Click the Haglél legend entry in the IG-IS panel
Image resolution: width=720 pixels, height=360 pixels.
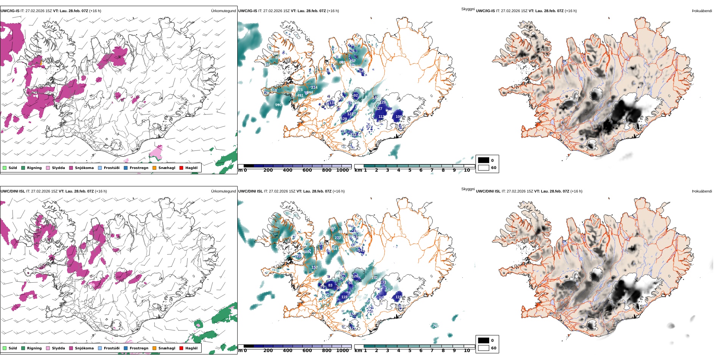pyautogui.click(x=191, y=168)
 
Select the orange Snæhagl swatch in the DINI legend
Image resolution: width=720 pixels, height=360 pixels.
pyautogui.click(x=154, y=348)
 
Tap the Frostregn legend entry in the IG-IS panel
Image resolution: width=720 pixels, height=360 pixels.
pyautogui.click(x=139, y=168)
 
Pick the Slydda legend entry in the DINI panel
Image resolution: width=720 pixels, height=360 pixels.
pyautogui.click(x=58, y=348)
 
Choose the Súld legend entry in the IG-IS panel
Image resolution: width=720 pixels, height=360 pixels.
pyautogui.click(x=13, y=168)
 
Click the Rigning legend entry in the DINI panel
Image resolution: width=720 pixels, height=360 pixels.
pyautogui.click(x=34, y=348)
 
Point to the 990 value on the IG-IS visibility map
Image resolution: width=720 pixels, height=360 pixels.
pyautogui.click(x=278, y=105)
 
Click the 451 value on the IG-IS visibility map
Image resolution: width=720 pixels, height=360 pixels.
pyautogui.click(x=300, y=95)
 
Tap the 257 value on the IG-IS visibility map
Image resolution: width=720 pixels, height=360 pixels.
pyautogui.click(x=352, y=61)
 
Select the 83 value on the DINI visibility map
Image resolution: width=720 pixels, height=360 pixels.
pyautogui.click(x=330, y=285)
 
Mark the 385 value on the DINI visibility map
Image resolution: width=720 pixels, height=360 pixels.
pyautogui.click(x=332, y=228)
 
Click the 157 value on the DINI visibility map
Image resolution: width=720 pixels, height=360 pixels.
pyautogui.click(x=315, y=268)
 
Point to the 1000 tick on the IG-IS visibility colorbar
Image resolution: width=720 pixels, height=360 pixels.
pyautogui.click(x=342, y=171)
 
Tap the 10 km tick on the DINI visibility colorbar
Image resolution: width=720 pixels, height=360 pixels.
pyautogui.click(x=467, y=351)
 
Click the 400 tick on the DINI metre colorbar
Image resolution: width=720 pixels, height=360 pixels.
pyautogui.click(x=288, y=351)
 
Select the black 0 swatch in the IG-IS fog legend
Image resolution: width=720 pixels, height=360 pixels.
pyautogui.click(x=484, y=160)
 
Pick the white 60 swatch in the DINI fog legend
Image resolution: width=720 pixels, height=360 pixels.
pyautogui.click(x=484, y=348)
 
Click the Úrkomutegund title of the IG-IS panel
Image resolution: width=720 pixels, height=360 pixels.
pyautogui.click(x=223, y=11)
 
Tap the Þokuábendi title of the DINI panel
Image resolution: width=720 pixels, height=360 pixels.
pyautogui.click(x=702, y=191)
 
